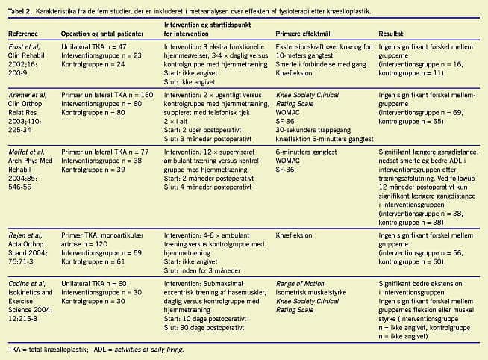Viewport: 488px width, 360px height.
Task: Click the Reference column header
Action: coord(25,34)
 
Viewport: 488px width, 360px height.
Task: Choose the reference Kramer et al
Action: coord(27,96)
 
